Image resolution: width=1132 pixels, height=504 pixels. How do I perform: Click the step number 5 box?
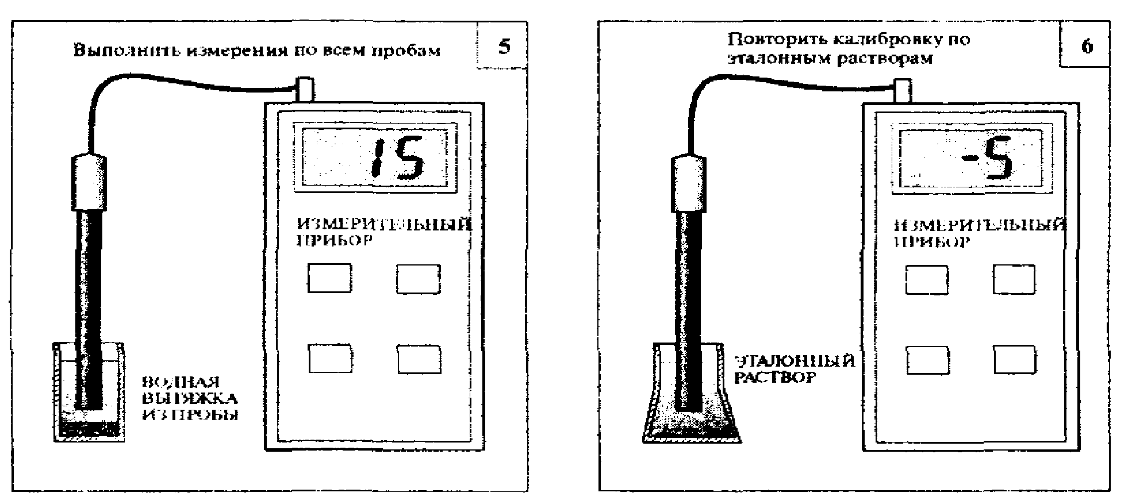503,45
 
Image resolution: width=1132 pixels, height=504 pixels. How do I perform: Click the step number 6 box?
1085,45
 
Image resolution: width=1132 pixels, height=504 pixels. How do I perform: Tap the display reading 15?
375,157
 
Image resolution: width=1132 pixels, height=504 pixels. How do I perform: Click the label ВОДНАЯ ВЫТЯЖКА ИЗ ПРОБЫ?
189,398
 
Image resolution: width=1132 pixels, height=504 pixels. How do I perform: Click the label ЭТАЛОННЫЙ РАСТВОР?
795,369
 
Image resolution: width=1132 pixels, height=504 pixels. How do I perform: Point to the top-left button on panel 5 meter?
329,279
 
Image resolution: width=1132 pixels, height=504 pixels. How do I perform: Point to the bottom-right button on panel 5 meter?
419,360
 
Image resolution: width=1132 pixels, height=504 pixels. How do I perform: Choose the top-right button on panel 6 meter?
1014,280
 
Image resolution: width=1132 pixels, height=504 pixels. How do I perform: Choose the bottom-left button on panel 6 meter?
928,361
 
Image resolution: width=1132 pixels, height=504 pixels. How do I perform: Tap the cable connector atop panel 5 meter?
304,90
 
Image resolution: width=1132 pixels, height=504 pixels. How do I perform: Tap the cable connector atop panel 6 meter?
903,91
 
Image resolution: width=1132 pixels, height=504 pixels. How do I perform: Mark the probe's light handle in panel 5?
89,182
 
